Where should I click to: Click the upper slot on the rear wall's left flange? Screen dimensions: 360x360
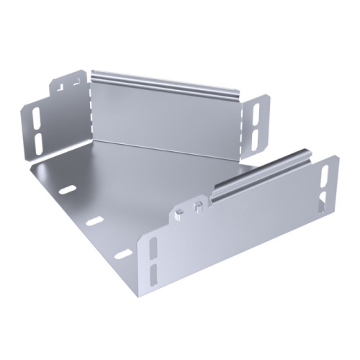tap(37, 117)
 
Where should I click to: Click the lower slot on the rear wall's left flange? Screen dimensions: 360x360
tap(37, 138)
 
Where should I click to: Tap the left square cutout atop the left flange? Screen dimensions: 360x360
tap(60, 87)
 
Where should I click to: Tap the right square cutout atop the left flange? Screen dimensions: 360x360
tap(75, 84)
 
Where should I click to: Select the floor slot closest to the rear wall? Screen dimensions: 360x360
tap(67, 189)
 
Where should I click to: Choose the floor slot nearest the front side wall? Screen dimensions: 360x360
tap(123, 253)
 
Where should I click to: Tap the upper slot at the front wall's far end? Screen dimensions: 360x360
tap(324, 176)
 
